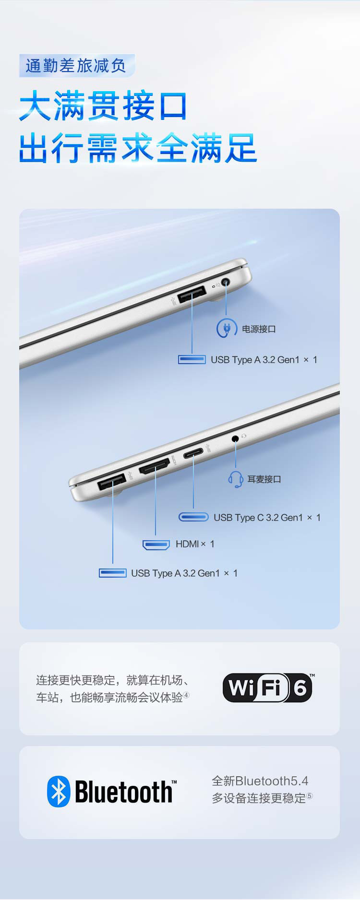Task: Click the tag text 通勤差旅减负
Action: [76, 66]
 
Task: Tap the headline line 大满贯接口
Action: [103, 106]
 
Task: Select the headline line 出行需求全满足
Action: [138, 148]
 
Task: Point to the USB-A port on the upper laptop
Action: [192, 294]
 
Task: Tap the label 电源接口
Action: [259, 329]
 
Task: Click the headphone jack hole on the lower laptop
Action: [235, 438]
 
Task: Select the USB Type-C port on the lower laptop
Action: [193, 453]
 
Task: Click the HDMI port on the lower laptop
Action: [155, 466]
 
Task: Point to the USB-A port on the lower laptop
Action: [112, 481]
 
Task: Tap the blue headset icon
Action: [235, 479]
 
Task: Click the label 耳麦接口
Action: [264, 479]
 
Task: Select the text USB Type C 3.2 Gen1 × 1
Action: [267, 518]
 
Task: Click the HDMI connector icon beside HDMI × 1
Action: [156, 545]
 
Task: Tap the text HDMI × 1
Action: [195, 544]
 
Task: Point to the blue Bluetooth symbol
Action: [59, 792]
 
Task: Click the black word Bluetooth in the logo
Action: [124, 792]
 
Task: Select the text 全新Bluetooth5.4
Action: [260, 781]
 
